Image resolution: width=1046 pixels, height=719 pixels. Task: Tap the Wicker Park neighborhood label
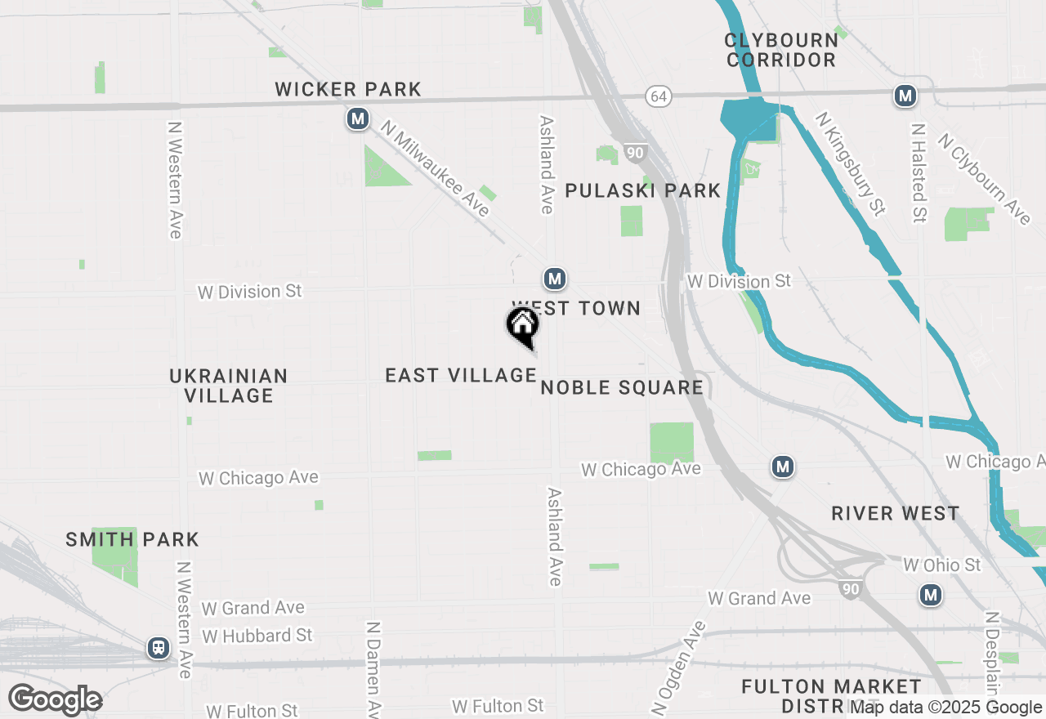[348, 89]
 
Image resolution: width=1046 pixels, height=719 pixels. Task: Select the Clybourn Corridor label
[781, 50]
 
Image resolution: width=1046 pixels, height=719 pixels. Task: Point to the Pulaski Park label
[643, 190]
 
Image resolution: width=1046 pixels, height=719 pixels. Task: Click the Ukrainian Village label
[229, 386]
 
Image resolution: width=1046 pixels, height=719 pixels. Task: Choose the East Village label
[461, 375]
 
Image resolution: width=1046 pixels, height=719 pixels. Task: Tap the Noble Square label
[622, 387]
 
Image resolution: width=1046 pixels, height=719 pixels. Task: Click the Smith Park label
[132, 539]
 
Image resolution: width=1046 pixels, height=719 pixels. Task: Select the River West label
[896, 513]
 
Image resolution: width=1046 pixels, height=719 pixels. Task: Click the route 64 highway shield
[658, 96]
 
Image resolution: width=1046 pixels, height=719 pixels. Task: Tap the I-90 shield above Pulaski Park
[636, 152]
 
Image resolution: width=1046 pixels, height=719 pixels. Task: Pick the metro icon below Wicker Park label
[357, 119]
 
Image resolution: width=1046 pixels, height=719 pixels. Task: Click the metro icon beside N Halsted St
[904, 96]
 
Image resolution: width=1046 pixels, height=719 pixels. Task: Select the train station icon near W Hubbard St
[159, 648]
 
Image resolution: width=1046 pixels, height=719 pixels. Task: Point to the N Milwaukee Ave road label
[436, 169]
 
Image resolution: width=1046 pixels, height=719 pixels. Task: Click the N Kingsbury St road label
[850, 163]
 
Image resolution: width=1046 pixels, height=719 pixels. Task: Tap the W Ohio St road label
[942, 565]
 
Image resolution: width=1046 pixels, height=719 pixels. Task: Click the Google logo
[56, 700]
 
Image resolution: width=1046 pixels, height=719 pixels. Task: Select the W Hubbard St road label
[257, 636]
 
